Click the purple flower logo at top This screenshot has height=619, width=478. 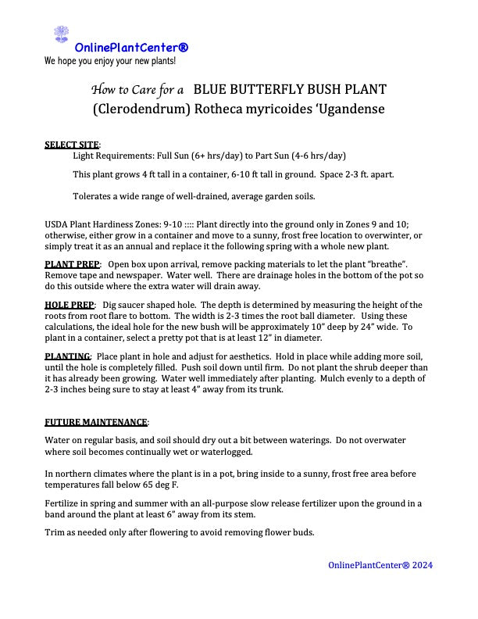(62, 34)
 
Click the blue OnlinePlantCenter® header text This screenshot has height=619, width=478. (131, 48)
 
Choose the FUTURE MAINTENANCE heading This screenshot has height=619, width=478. (96, 422)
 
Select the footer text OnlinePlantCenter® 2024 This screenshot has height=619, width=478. (380, 565)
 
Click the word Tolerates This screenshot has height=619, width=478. (95, 195)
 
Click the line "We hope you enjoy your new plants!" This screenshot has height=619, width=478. (110, 60)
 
